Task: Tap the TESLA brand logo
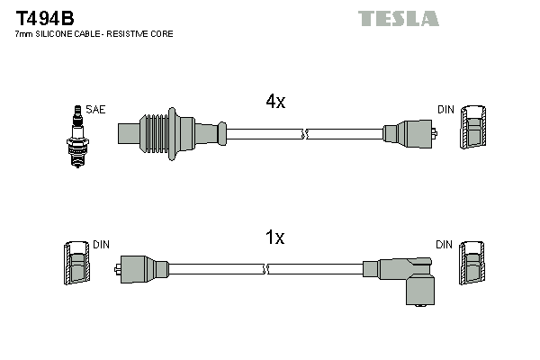[x=398, y=18]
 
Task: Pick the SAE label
[x=96, y=110]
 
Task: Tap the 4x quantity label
[x=274, y=103]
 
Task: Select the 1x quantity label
[x=274, y=238]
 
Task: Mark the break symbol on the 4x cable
[x=304, y=134]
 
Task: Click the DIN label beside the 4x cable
[x=445, y=110]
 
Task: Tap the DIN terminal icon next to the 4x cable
[x=474, y=130]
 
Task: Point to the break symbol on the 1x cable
[x=265, y=269]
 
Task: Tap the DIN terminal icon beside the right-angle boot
[x=474, y=265]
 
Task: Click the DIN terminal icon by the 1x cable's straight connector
[x=77, y=265]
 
